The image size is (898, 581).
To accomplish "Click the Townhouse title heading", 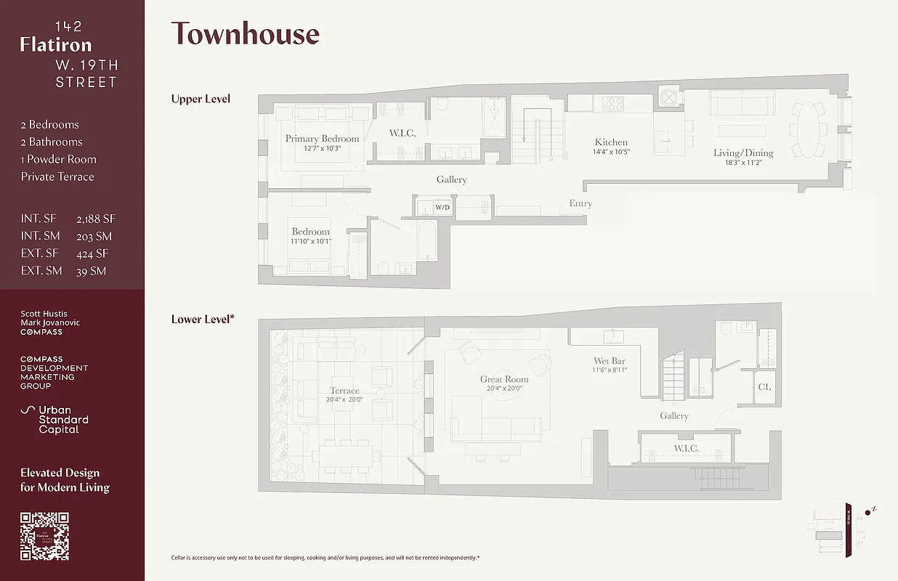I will coord(245,34).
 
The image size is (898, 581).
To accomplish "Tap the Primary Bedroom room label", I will coord(322,139).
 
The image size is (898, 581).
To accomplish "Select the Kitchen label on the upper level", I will coord(611,142).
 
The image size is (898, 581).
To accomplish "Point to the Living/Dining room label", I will coord(743,153).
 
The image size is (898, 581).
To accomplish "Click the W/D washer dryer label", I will coord(442,208).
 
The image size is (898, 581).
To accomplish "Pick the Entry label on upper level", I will coord(581,203).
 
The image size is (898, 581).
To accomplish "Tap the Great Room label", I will coord(504,379).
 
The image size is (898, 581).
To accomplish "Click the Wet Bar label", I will coord(609,361).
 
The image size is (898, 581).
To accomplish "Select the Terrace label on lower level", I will coord(344,391).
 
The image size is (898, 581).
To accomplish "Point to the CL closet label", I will coord(764,387).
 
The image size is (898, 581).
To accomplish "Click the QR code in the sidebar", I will coord(44,536).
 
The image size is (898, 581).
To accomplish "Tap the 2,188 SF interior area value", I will coord(96,219).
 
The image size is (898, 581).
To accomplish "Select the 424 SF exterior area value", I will coord(92,253).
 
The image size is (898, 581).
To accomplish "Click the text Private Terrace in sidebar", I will coord(57,176).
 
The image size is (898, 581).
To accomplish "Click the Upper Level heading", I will coord(201,99).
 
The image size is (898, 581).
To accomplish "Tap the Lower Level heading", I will coord(203,319).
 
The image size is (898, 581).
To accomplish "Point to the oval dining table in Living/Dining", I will coord(807,129).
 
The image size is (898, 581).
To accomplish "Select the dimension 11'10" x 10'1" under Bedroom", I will coord(311,241).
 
